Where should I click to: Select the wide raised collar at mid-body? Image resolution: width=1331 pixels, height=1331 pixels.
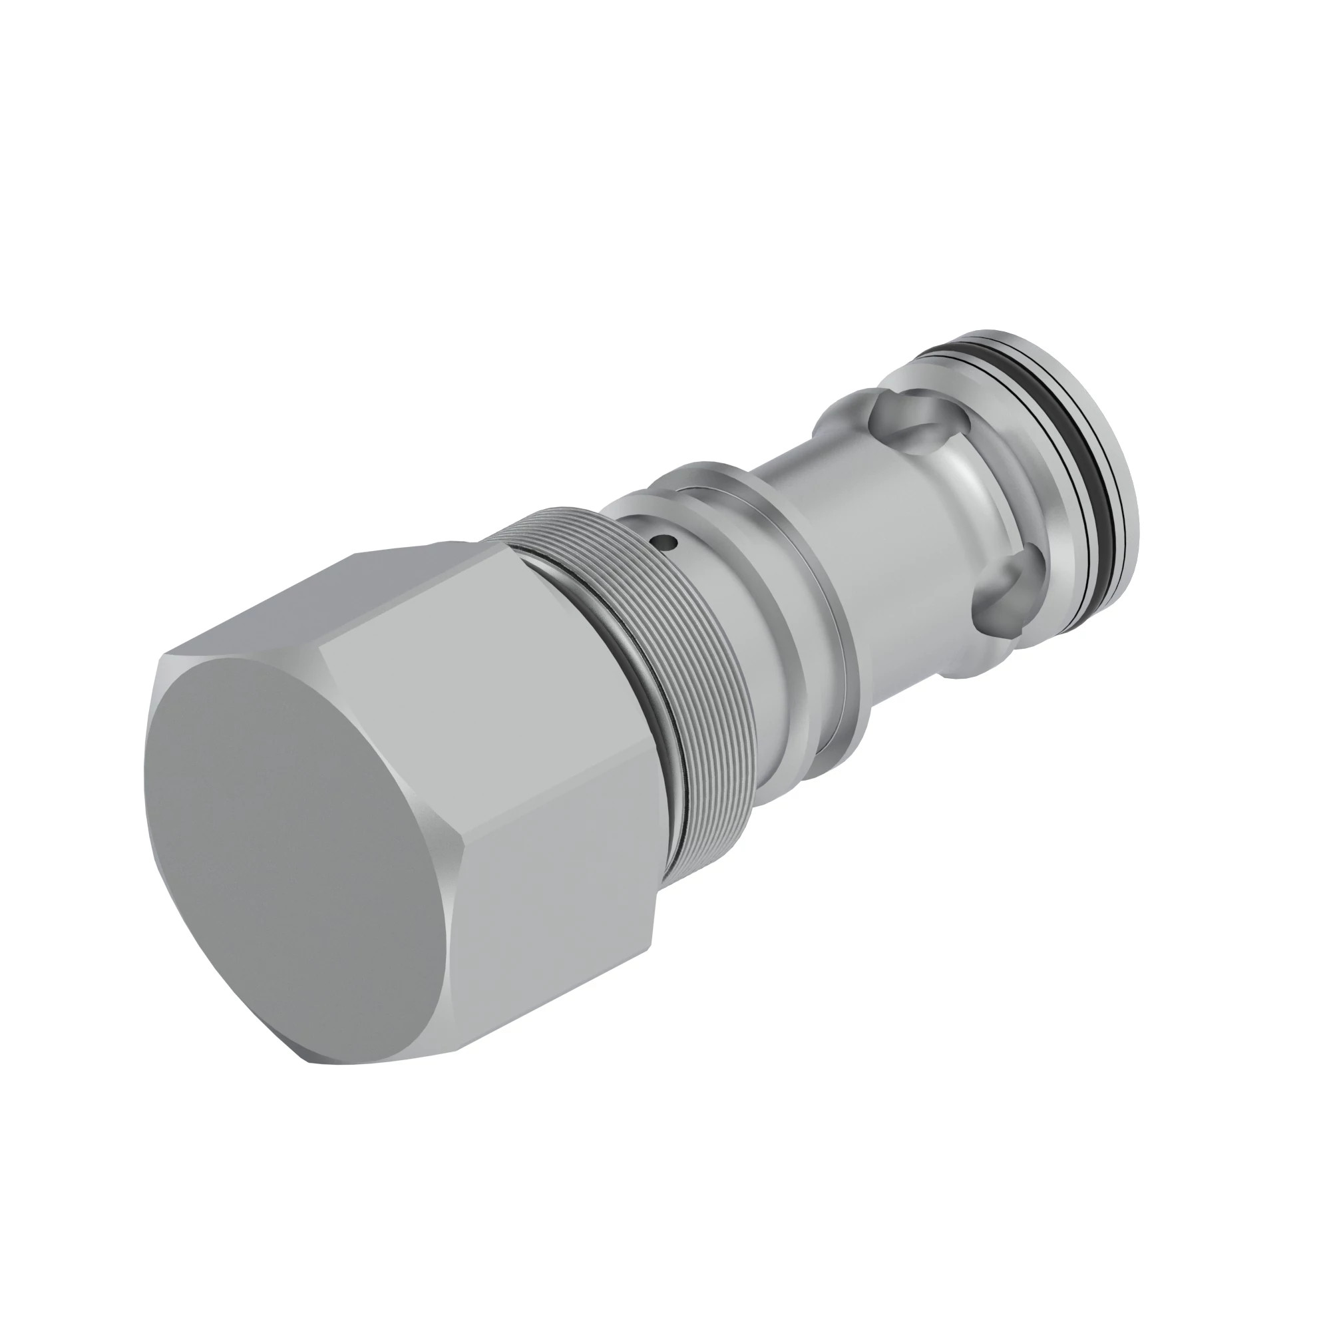click(x=806, y=579)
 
